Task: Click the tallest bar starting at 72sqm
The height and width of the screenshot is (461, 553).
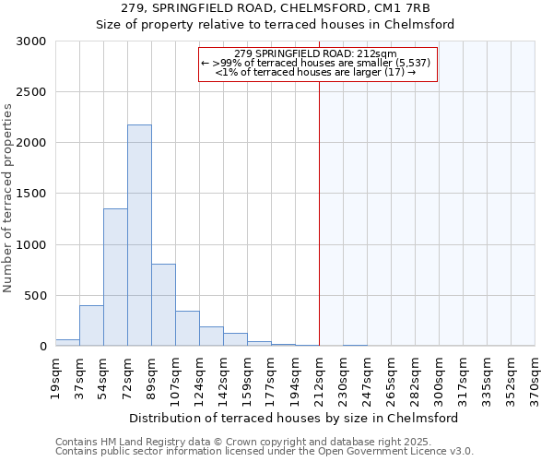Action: coord(139,235)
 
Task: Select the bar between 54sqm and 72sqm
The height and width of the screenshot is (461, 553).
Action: coord(115,277)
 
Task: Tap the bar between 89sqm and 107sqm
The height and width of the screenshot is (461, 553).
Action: coord(163,304)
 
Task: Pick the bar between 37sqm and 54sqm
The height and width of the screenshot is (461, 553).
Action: coord(91,325)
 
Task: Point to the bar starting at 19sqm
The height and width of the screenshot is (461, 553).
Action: coord(67,342)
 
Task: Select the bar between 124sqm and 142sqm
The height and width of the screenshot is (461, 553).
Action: coord(211,337)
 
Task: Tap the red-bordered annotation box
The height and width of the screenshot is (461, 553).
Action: coord(317,64)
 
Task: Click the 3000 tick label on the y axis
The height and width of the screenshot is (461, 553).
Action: coord(31,41)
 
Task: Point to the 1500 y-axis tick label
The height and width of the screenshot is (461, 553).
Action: coord(31,194)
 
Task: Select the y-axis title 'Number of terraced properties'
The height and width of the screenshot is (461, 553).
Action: coord(8,198)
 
